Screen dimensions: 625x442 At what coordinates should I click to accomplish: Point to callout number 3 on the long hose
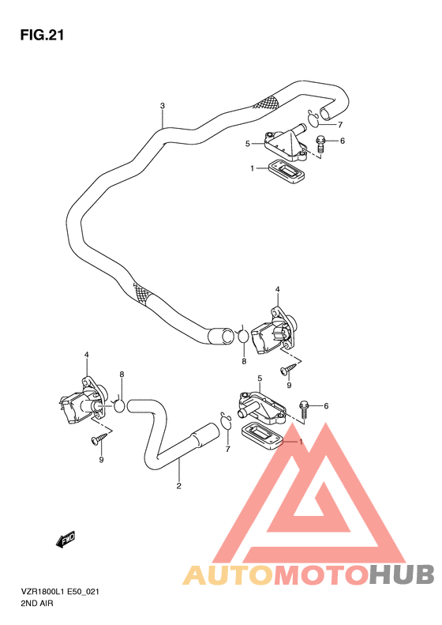pos(162,106)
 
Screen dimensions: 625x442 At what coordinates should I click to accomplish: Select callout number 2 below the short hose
pos(179,485)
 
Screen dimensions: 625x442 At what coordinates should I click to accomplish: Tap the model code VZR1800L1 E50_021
pos(65,589)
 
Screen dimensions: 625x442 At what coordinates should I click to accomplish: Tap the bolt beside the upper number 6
pos(321,144)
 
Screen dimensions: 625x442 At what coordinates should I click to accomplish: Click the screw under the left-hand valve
pos(100,437)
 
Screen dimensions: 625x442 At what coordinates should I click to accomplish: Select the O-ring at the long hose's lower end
pos(244,337)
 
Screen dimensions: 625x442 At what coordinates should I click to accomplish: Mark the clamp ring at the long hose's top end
pos(313,119)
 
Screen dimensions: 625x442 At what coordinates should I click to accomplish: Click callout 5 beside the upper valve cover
pos(247,144)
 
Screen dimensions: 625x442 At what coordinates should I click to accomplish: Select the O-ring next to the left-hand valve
pos(120,405)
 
